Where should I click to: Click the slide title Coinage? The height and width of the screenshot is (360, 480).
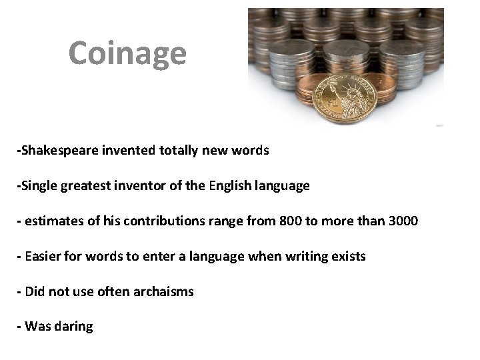pyautogui.click(x=127, y=53)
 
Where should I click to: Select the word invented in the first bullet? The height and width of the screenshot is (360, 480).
pyautogui.click(x=125, y=151)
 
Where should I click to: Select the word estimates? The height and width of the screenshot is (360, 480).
pyautogui.click(x=51, y=222)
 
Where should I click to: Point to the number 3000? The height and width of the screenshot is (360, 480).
pyautogui.click(x=401, y=222)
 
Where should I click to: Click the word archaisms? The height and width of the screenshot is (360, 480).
pyautogui.click(x=164, y=291)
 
